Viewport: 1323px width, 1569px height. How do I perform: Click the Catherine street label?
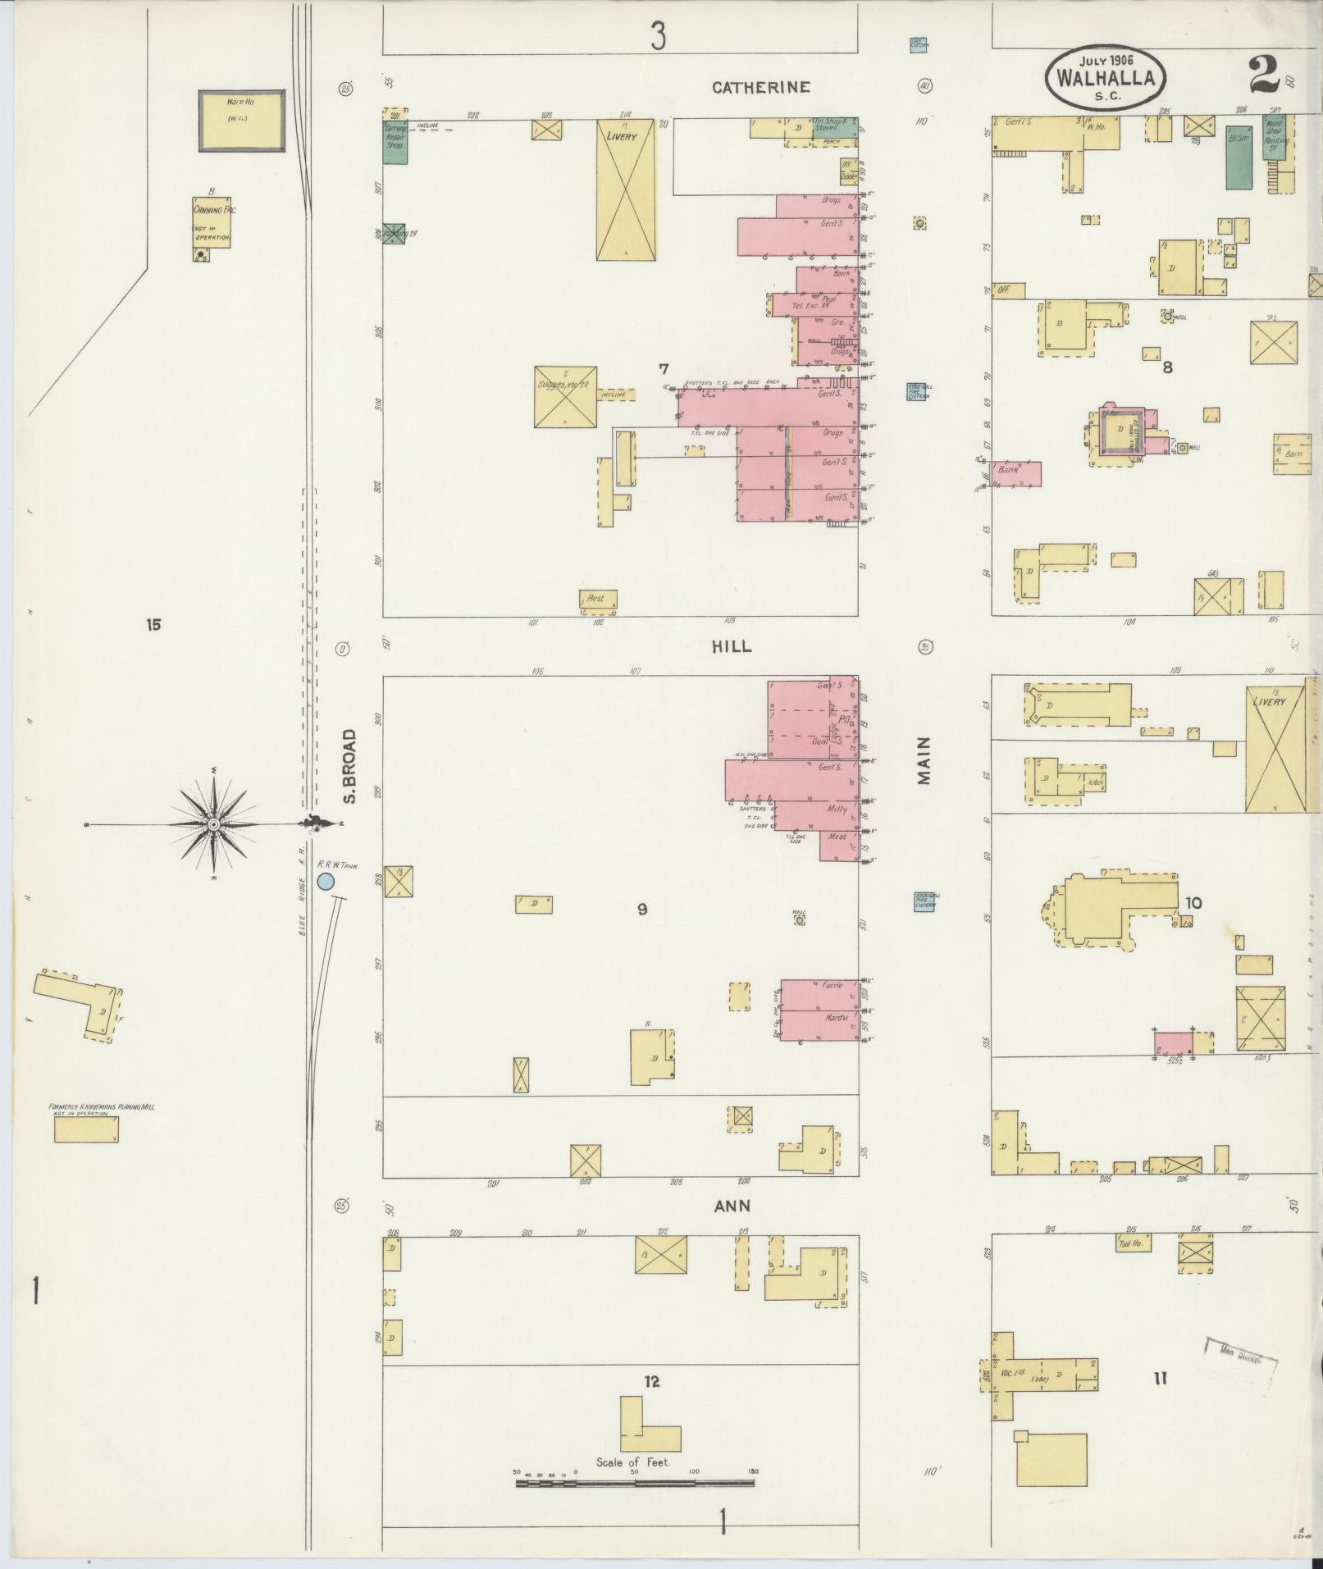(760, 87)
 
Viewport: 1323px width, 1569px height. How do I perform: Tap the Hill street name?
(732, 646)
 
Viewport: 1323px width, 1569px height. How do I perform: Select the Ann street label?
(732, 1206)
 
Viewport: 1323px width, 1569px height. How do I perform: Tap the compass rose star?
(212, 823)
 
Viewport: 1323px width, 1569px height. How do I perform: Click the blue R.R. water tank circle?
(326, 882)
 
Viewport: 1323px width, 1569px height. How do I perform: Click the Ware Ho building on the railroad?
(242, 121)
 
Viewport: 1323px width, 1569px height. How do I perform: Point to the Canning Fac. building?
(212, 221)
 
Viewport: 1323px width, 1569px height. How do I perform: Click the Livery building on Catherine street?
(626, 190)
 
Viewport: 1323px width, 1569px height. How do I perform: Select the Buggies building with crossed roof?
(565, 396)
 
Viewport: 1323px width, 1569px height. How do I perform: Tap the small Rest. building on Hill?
(597, 600)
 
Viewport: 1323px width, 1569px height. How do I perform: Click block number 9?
(642, 909)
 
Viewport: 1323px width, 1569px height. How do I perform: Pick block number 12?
(651, 1382)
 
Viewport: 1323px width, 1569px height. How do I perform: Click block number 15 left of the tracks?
(153, 626)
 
